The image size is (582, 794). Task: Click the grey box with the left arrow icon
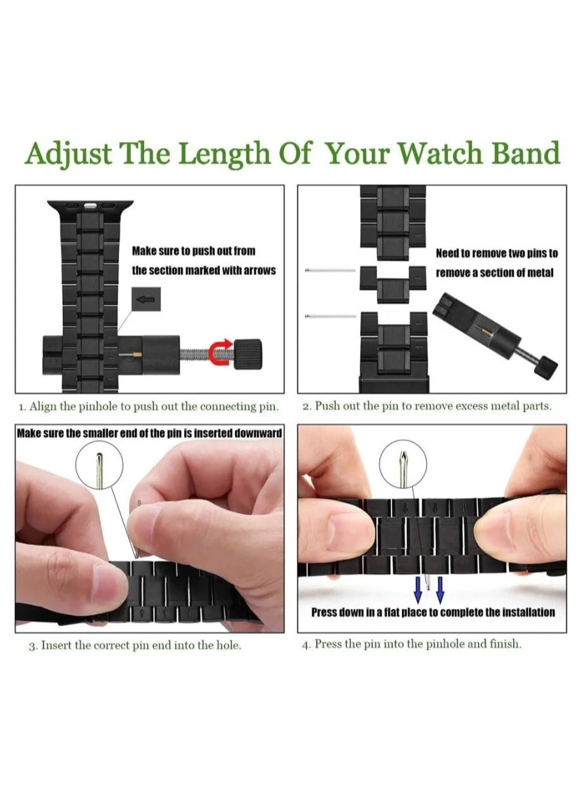[x=146, y=299]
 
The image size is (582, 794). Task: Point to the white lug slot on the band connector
[x=91, y=206]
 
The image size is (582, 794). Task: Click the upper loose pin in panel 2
[x=330, y=271]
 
